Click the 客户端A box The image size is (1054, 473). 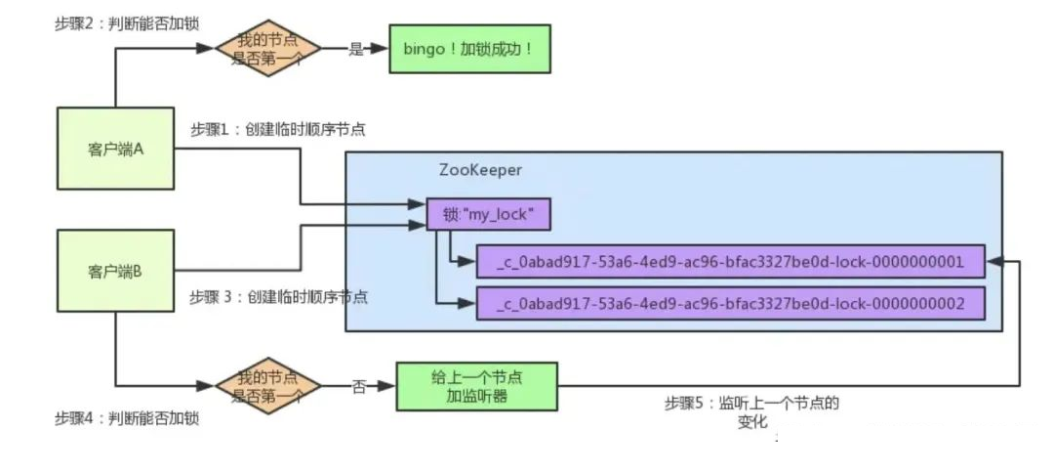point(115,149)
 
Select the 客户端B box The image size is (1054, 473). point(115,271)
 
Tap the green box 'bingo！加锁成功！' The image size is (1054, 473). point(469,49)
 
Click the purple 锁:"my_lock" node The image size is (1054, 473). point(489,215)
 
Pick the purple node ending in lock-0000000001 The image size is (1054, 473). point(731,262)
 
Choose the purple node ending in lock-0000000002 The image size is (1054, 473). point(731,304)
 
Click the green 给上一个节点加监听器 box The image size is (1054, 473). point(476,386)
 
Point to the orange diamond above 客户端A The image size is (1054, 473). point(268,49)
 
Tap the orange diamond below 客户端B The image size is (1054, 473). point(268,386)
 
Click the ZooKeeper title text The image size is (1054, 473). point(480,170)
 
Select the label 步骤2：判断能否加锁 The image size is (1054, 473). point(127,23)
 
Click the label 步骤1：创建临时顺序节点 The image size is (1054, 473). point(278,129)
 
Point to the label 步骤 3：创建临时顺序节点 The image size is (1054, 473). point(279,297)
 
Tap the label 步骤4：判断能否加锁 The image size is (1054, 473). point(127,418)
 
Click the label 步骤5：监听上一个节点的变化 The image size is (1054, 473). point(752,412)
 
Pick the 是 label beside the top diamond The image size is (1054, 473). point(355,49)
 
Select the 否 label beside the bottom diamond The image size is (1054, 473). point(359,387)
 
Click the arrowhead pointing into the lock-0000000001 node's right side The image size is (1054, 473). point(993,262)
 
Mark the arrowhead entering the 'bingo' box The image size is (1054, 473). point(382,49)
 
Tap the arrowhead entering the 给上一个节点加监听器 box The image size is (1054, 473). point(387,386)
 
